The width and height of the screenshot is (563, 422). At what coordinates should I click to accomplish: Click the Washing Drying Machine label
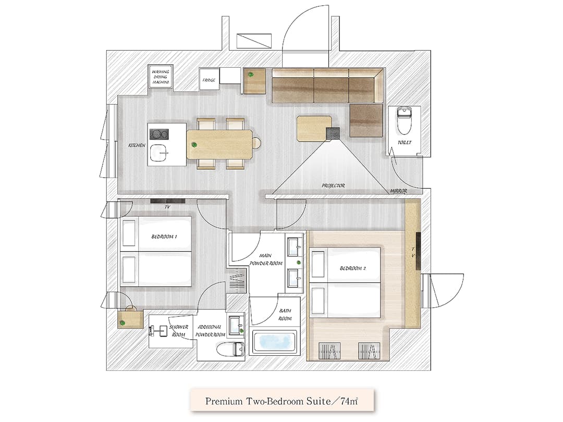[161, 77]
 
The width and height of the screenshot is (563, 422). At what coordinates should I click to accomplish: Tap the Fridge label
[209, 80]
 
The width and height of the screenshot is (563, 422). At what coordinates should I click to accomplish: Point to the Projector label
[333, 185]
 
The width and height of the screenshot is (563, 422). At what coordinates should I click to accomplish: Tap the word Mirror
[399, 191]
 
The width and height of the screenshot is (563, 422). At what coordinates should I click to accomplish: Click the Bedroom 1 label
[164, 237]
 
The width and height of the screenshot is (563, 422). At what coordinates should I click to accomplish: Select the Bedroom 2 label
[352, 268]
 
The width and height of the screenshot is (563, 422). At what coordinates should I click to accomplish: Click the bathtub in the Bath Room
[274, 342]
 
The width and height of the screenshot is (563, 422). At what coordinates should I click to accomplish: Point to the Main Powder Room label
[266, 259]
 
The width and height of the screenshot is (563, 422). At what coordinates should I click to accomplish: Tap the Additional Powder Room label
[210, 331]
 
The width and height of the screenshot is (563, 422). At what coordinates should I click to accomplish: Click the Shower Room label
[178, 331]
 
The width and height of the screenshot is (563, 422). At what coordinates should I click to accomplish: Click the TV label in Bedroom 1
[167, 207]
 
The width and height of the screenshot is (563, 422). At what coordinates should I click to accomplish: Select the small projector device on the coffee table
[333, 133]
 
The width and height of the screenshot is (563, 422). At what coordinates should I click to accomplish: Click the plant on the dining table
[194, 145]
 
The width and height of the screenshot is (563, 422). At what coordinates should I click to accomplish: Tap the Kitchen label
[137, 145]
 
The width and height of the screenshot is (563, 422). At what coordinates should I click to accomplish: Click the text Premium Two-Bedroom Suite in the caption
[268, 401]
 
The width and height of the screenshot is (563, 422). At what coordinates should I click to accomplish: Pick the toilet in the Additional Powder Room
[231, 349]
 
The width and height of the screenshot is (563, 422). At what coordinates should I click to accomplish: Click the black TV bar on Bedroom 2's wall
[418, 251]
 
